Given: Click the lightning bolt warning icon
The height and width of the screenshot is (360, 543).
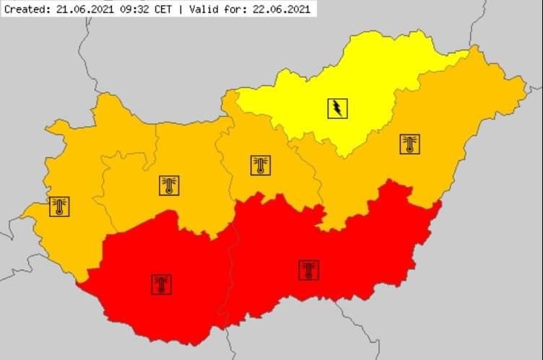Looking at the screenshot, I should (337, 108).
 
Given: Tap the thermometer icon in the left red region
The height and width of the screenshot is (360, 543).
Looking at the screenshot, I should (162, 284).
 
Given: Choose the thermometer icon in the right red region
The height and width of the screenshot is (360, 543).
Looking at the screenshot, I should (308, 270).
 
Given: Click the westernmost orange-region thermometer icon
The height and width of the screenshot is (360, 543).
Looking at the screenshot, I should (59, 206).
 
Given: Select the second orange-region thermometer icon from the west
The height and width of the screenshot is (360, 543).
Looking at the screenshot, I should (169, 185).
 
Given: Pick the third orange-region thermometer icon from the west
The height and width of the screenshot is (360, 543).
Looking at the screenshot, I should (261, 165).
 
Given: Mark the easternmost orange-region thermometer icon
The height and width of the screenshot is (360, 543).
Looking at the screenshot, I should (409, 144).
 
